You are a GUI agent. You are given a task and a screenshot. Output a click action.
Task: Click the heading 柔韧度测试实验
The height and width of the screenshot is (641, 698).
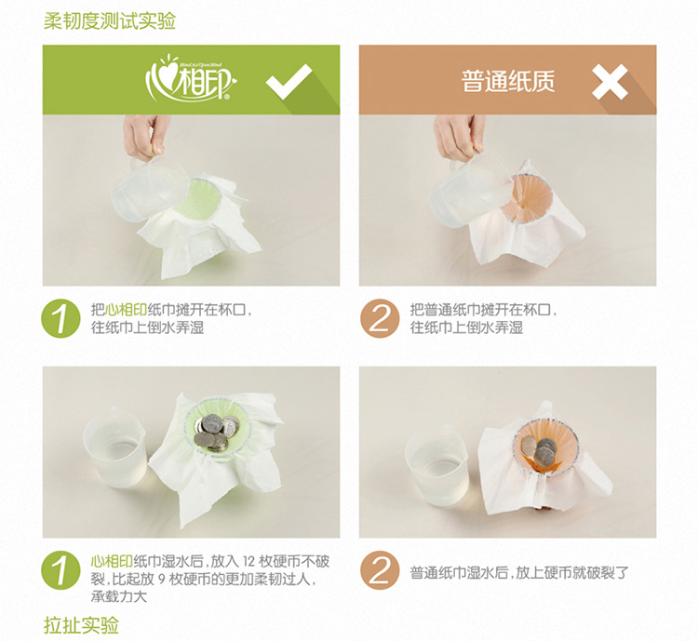(x=110, y=20)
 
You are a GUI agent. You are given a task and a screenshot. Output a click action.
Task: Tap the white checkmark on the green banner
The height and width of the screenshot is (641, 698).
(x=289, y=82)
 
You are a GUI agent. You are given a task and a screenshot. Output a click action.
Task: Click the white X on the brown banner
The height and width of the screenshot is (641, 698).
(x=610, y=82)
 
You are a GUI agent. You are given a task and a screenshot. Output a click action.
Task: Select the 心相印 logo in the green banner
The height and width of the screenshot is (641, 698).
(x=191, y=79)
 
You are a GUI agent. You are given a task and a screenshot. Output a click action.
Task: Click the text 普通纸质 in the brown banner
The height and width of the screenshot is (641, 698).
(x=508, y=82)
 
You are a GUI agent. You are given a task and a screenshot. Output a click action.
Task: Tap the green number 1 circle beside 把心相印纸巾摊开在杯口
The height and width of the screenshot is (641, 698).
(x=61, y=318)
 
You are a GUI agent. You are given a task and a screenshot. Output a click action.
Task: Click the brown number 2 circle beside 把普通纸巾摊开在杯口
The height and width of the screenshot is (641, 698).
(x=380, y=318)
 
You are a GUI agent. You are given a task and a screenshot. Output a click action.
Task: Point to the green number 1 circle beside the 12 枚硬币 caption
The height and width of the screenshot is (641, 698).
(x=61, y=570)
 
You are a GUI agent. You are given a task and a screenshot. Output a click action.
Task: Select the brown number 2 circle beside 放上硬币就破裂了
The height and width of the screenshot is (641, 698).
(x=380, y=570)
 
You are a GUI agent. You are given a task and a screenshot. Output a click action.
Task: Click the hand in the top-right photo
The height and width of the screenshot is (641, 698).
(x=459, y=136)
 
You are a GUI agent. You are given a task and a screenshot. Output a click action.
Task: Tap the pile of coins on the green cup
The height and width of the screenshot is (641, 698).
(x=217, y=433)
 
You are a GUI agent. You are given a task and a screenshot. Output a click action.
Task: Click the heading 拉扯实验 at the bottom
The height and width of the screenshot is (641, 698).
(x=82, y=625)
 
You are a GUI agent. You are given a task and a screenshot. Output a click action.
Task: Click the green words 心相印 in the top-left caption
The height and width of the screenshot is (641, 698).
(x=127, y=310)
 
